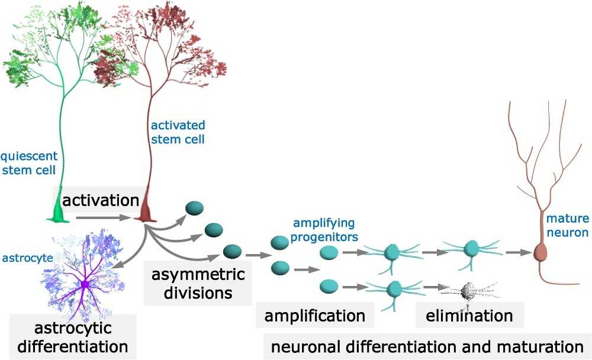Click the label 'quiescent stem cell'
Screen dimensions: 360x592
pos(29,164)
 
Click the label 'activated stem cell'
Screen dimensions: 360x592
pos(178,133)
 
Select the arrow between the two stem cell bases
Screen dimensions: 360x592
pos(103,218)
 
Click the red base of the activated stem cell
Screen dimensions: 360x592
pos(144,213)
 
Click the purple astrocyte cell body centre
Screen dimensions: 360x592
pos(85,285)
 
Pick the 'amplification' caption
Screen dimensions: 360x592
pos(315,315)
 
